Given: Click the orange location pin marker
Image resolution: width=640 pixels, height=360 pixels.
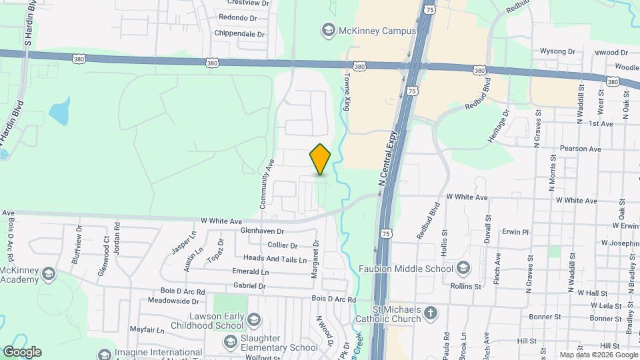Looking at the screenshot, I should [321, 159].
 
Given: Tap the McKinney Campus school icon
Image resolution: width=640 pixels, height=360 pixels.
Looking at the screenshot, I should [328, 30].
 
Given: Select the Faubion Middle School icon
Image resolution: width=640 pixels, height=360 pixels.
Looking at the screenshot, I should [463, 269].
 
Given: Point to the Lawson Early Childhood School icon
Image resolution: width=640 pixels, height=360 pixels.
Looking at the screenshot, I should [253, 321].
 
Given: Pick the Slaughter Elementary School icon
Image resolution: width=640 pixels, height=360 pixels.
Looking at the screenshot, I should [231, 342].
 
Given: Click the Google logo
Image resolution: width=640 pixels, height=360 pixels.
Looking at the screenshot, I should [21, 351].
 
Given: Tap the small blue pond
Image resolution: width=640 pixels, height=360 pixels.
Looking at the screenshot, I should [60, 112].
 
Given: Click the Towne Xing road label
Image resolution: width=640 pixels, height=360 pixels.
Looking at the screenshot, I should [347, 92].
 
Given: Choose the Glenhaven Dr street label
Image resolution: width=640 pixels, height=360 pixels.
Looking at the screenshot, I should [263, 231].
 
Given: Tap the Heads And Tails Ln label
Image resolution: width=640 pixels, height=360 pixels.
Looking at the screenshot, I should [275, 259].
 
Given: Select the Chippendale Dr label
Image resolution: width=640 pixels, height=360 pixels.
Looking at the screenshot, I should [240, 34].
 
